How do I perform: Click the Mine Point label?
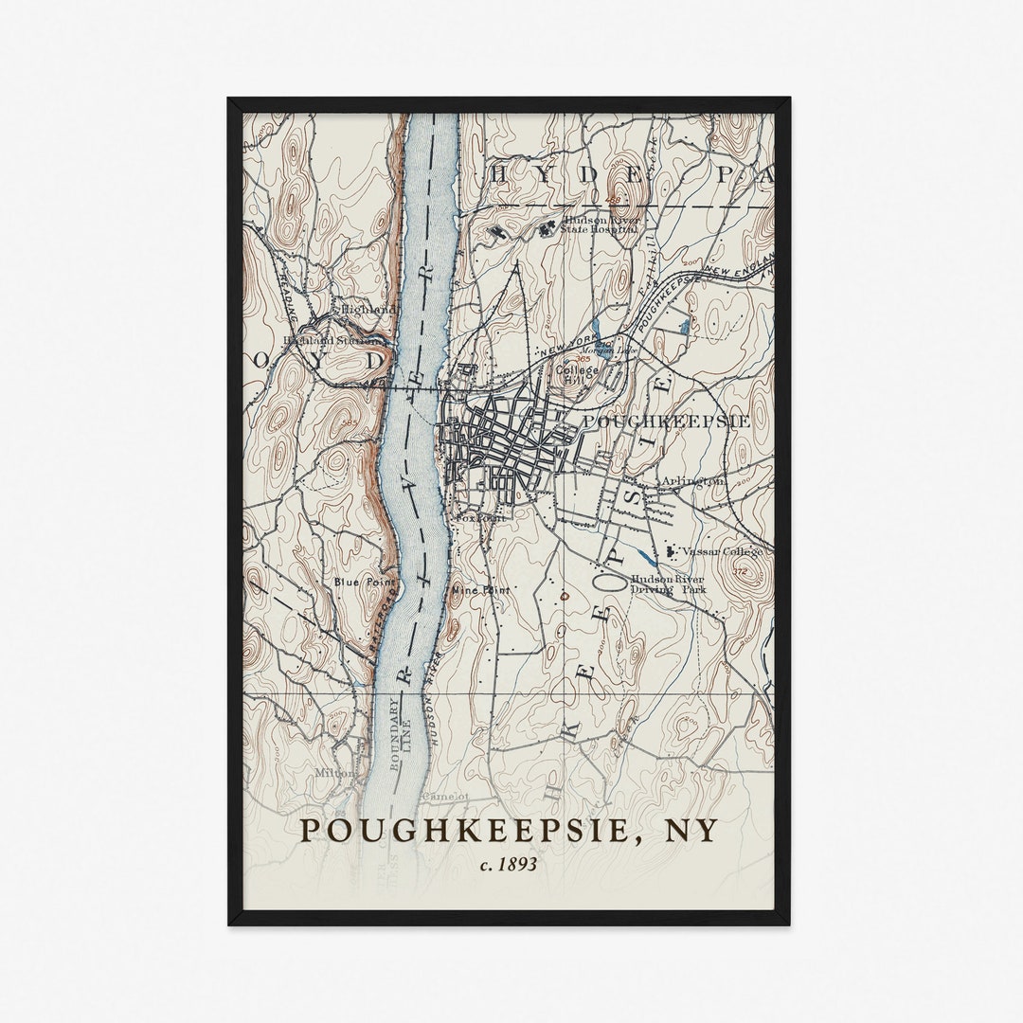[481, 589]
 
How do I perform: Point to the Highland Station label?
[322, 340]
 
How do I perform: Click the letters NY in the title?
[689, 830]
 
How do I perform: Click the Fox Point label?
[479, 518]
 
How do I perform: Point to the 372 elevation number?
[740, 571]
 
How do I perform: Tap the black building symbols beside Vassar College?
[671, 549]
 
